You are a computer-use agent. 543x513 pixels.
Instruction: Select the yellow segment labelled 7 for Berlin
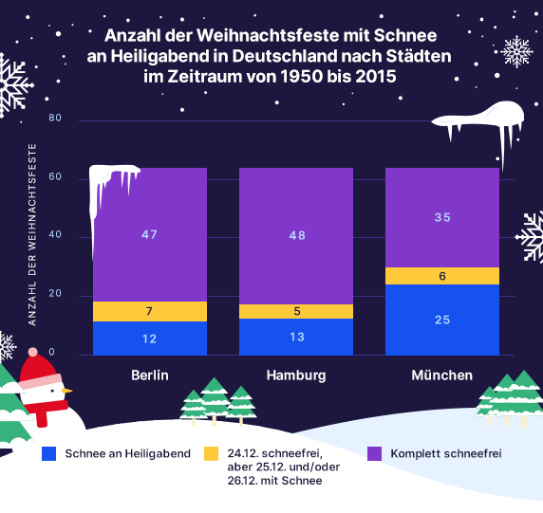pos(149,312)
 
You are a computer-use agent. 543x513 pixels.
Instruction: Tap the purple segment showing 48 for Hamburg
pos(295,235)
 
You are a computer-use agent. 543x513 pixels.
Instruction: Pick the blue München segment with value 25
pos(441,320)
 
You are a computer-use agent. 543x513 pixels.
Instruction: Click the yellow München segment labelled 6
pos(441,276)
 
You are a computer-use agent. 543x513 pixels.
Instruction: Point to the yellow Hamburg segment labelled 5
pos(295,311)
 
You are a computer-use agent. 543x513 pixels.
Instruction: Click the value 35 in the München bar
pos(441,217)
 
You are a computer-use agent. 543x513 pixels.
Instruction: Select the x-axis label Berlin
pos(150,376)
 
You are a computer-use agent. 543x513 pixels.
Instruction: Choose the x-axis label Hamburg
pos(295,376)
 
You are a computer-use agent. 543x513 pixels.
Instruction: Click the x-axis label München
pos(441,376)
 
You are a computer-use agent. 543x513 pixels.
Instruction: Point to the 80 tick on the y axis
pos(54,119)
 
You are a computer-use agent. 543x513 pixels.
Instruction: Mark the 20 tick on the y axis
pos(54,294)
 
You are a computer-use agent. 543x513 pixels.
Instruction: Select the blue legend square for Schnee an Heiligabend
pos(49,453)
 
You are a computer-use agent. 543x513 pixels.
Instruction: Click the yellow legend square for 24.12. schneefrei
pos(211,453)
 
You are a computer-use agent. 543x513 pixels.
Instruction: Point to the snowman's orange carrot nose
pos(66,389)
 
